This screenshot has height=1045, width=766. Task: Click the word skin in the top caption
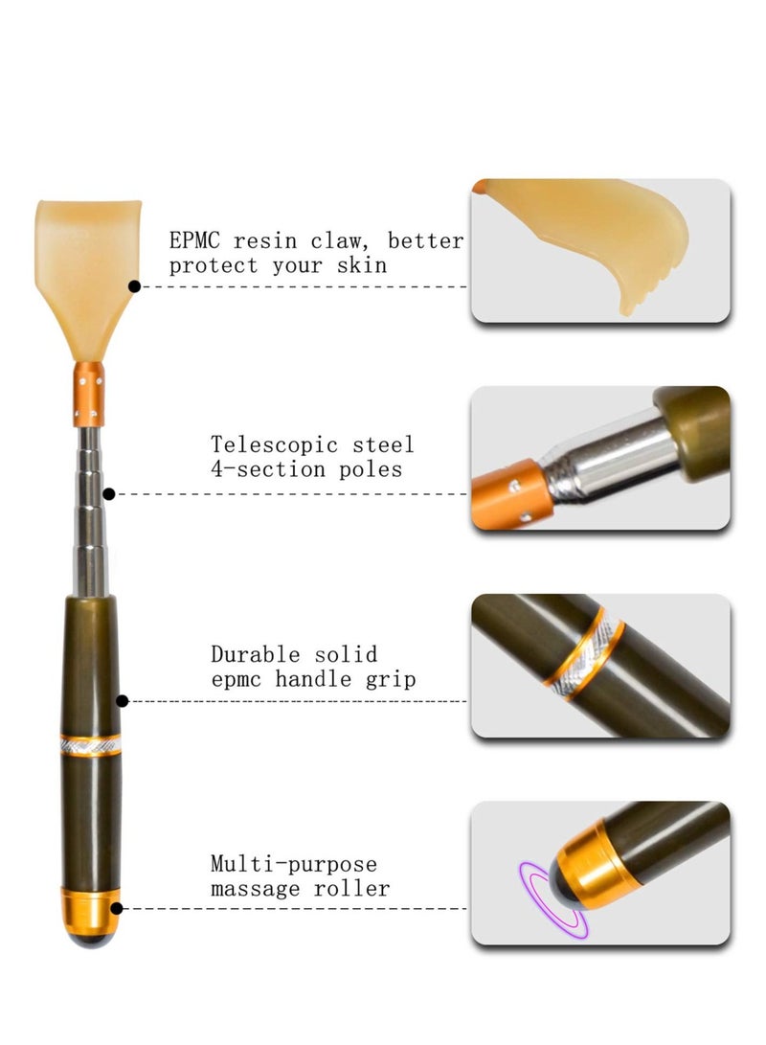coord(364,265)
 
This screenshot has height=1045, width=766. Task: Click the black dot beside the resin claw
coord(134,285)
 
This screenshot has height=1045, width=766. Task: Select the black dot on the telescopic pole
coord(109,494)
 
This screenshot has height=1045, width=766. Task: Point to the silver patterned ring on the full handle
coord(90,744)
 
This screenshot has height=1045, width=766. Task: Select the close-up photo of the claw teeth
coord(600,250)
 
